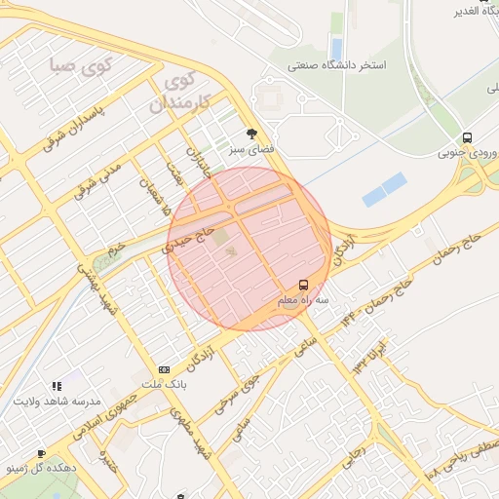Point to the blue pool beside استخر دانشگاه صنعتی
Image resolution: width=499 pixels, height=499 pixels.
(337, 46)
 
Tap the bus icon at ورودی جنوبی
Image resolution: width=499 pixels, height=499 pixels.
(468, 137)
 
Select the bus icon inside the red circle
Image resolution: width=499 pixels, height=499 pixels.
(303, 286)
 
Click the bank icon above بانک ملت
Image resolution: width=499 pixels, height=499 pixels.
(163, 370)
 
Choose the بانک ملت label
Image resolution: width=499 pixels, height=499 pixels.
(162, 385)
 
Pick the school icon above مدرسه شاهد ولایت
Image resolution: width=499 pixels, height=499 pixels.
(57, 387)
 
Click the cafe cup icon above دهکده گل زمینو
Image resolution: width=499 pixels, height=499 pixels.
(41, 453)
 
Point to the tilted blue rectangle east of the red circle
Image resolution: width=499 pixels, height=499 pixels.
(384, 189)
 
